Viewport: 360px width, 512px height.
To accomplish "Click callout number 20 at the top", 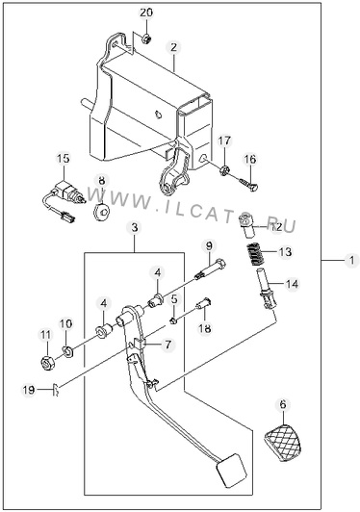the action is point(146,13).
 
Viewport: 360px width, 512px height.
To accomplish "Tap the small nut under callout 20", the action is point(146,38).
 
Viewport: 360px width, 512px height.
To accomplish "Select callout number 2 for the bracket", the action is point(173,47).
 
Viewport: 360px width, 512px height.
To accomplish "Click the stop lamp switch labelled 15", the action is point(64,198).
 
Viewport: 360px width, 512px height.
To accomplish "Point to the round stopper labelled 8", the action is point(101,211).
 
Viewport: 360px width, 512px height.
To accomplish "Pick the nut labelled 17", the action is point(224,169).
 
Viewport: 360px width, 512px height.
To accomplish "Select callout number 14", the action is point(292,284).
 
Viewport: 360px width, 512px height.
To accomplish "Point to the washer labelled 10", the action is point(68,351).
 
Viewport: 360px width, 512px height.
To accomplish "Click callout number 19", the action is point(29,390).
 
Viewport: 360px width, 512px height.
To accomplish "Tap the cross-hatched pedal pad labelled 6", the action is point(282,444).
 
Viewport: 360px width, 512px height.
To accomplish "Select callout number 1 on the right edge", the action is point(351,261).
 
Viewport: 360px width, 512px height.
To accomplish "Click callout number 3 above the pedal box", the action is point(135,228).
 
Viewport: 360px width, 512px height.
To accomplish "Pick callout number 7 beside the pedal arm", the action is point(167,345).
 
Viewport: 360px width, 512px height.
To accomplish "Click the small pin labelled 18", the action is point(203,305).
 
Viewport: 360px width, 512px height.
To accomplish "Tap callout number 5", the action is point(174,298).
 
